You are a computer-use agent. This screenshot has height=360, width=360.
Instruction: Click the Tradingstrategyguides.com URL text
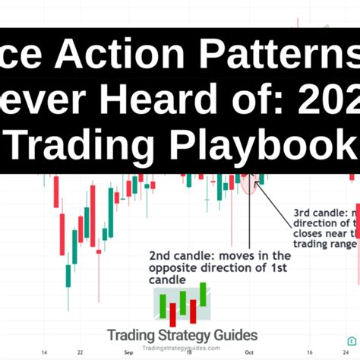click(x=182, y=347)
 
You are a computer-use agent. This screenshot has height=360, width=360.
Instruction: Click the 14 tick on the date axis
click(x=44, y=352)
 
